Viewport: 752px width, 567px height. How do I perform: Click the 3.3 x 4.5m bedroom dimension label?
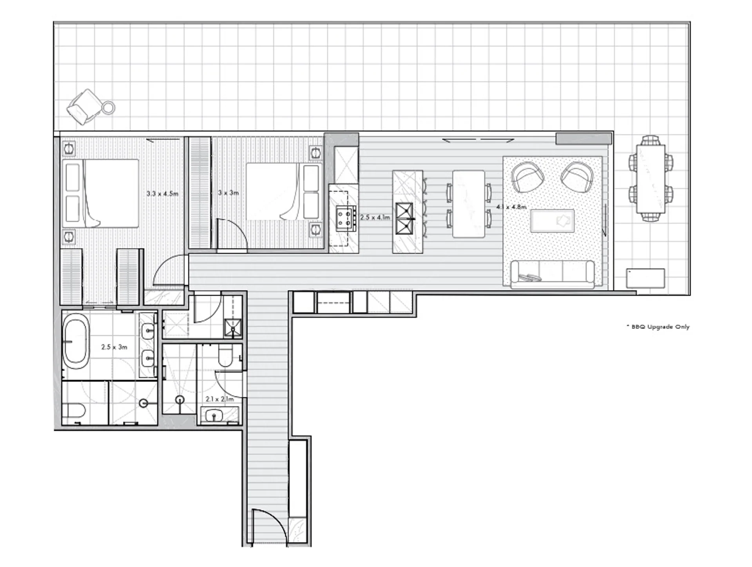point(162,193)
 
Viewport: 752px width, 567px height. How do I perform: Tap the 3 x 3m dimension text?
point(228,193)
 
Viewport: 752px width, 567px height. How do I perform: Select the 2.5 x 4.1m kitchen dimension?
point(375,217)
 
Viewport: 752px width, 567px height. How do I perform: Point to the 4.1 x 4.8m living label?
point(511,207)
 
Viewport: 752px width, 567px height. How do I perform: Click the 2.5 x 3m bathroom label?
point(114,347)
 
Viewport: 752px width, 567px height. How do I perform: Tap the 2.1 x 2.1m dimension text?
point(219,399)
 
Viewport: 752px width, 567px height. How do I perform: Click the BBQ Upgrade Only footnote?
point(658,327)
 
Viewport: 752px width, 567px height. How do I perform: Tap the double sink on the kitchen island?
point(404,218)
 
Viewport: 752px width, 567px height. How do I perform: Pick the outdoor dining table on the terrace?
point(651,179)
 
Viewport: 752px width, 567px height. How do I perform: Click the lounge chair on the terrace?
point(84,107)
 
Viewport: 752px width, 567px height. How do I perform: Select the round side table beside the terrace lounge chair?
point(108,107)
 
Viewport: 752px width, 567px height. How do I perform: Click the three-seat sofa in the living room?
point(552,274)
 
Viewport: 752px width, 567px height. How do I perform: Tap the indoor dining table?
point(469,204)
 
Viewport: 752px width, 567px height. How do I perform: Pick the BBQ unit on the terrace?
point(645,278)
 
